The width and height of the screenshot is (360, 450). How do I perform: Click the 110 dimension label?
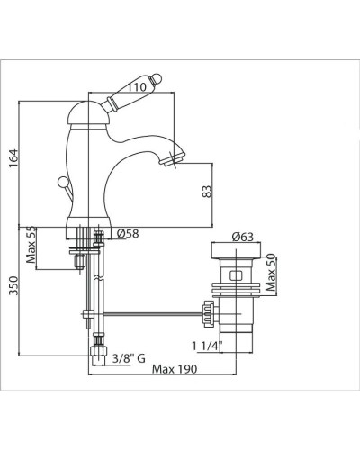(137, 87)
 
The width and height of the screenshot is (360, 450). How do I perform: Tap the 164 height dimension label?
(13, 158)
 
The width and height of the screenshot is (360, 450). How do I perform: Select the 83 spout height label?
(207, 192)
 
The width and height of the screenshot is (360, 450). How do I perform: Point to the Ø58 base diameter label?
(128, 234)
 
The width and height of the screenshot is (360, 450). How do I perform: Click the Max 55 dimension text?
(31, 245)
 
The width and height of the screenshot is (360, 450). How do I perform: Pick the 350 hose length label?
(13, 285)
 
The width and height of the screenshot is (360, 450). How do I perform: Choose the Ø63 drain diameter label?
(242, 237)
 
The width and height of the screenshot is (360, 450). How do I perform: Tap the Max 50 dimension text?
(271, 273)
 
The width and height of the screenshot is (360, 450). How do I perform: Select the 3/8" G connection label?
(129, 358)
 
